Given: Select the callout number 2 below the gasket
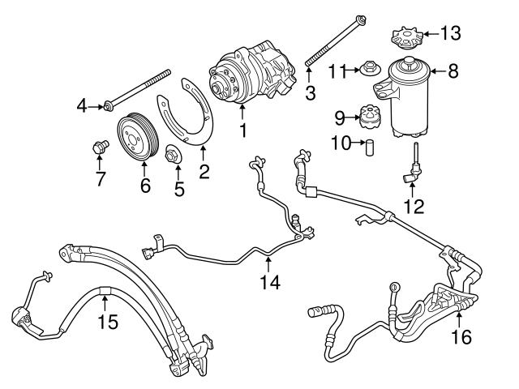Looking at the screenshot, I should (204, 171).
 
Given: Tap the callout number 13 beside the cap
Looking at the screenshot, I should (450, 33).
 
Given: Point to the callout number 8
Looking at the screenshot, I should (453, 71).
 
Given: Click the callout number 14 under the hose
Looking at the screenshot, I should (269, 282).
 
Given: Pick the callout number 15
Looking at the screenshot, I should (107, 322).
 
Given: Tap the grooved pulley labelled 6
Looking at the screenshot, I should (135, 138).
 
